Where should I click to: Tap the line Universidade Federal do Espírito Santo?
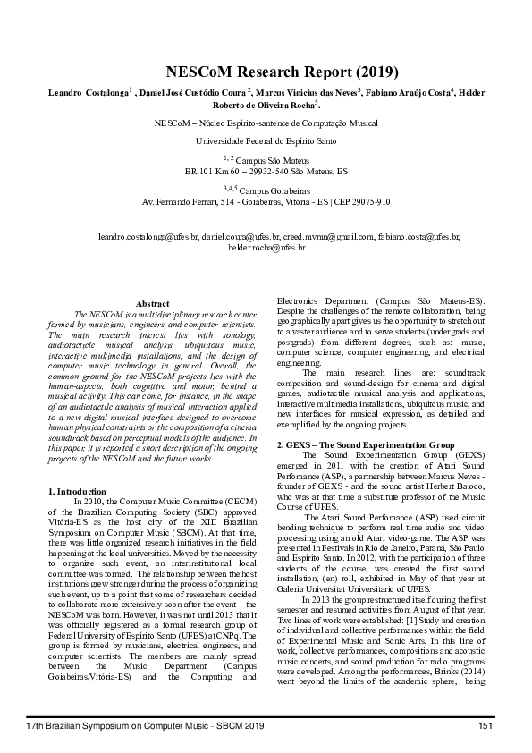pos(266,141)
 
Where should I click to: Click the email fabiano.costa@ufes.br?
pos(416,236)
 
